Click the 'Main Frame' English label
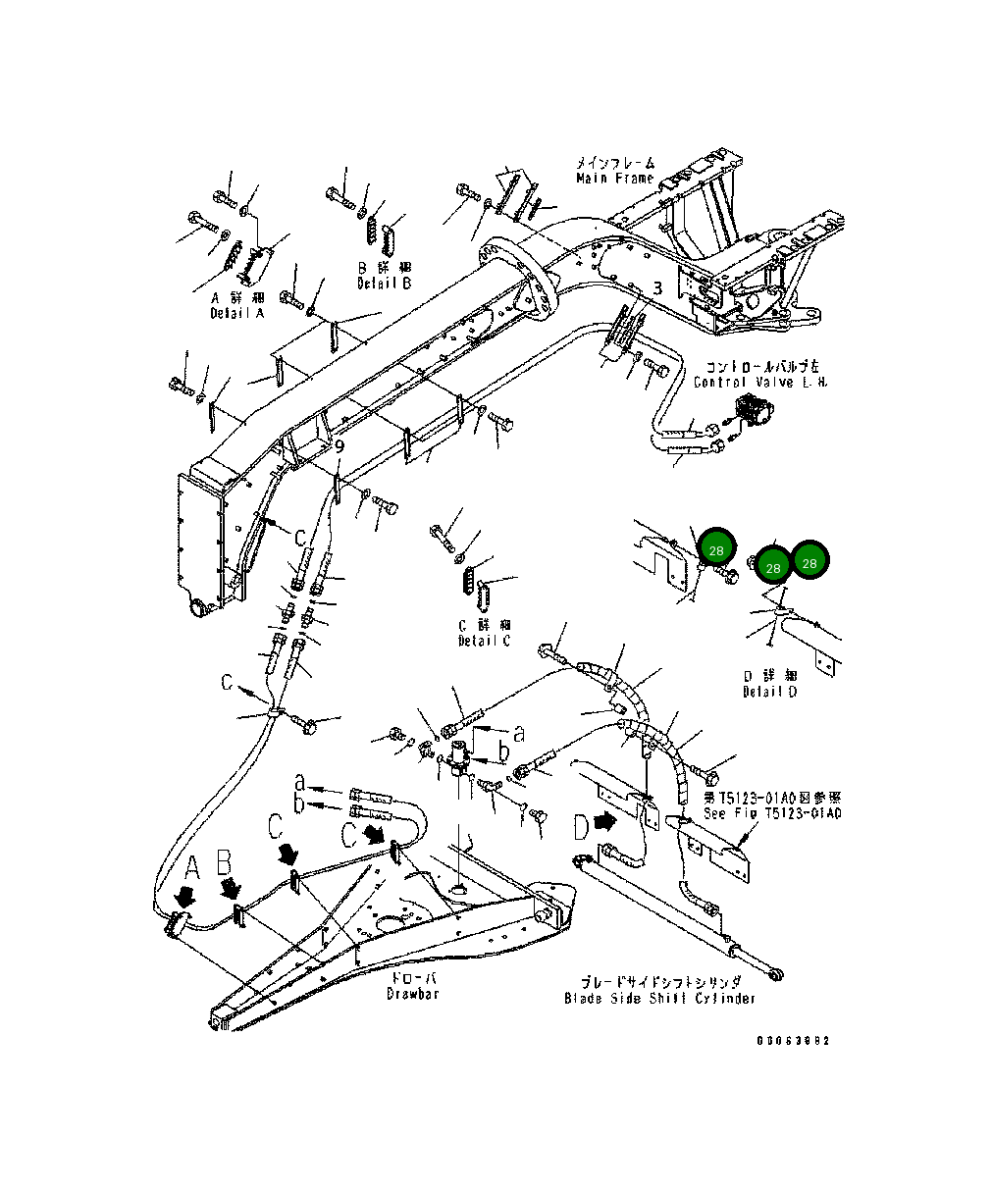click(x=614, y=179)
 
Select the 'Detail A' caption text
click(x=236, y=313)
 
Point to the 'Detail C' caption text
click(x=484, y=641)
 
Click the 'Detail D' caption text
click(x=769, y=692)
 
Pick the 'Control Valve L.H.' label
click(x=760, y=382)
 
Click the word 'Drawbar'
click(x=412, y=994)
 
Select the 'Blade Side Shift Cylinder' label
click(x=660, y=999)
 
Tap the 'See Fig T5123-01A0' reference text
click(x=771, y=814)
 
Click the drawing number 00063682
click(x=793, y=1041)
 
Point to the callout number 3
click(x=657, y=288)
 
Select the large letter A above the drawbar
click(x=193, y=866)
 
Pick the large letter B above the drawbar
click(x=224, y=863)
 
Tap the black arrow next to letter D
click(x=607, y=824)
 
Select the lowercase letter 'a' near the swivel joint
click(x=519, y=732)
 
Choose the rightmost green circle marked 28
click(x=809, y=561)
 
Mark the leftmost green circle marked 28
click(x=716, y=547)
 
